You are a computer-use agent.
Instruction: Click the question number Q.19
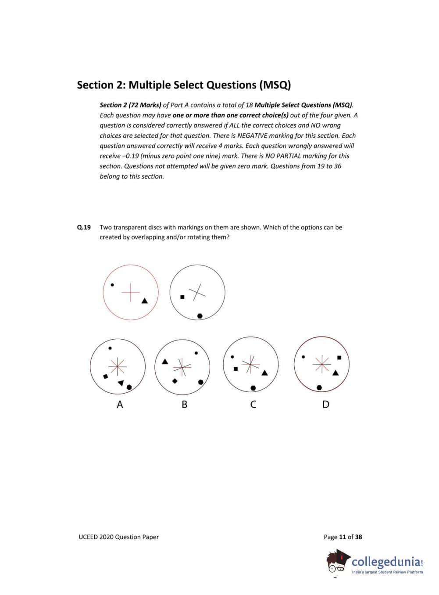click(x=84, y=227)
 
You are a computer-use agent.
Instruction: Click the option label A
click(x=120, y=405)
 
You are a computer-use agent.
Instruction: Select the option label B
click(x=184, y=405)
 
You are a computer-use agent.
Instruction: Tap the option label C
click(x=253, y=405)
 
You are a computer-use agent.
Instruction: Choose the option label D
click(x=325, y=405)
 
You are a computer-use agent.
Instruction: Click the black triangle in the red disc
click(x=145, y=301)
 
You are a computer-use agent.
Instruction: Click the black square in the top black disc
click(x=182, y=297)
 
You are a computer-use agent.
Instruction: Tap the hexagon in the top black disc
click(x=200, y=316)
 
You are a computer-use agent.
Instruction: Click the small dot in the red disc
click(x=112, y=285)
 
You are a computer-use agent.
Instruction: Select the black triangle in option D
click(x=335, y=373)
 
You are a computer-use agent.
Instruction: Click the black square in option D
click(x=339, y=358)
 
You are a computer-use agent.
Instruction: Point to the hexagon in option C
click(x=253, y=388)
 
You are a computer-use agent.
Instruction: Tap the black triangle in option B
click(x=165, y=362)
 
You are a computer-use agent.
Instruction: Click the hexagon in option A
click(x=129, y=387)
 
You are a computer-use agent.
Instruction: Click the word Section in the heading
click(x=95, y=85)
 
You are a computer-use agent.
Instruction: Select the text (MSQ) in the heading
click(x=275, y=85)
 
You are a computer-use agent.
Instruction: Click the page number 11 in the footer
click(x=343, y=537)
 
